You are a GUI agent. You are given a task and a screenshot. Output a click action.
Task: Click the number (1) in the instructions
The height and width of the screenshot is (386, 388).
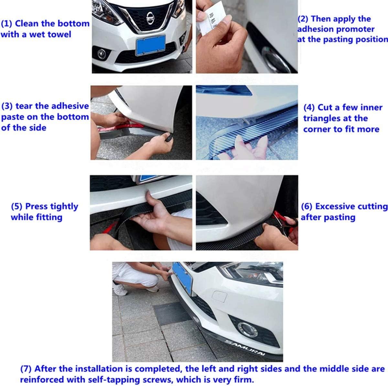6,24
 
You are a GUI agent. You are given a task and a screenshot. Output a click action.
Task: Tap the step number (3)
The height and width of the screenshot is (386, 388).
7,106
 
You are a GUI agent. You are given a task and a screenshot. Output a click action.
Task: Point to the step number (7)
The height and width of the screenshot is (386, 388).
27,369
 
